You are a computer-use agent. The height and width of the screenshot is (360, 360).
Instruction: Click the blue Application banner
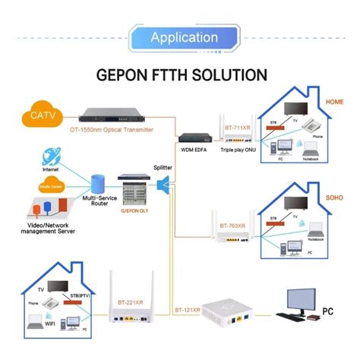point(179,37)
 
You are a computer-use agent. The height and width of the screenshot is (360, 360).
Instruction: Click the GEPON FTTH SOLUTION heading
point(180,76)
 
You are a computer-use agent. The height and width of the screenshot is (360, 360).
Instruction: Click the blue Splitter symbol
point(163,183)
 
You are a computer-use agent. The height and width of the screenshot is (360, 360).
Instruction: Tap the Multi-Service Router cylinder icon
point(96,183)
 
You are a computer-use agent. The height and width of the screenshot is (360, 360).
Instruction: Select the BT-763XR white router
point(227,232)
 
